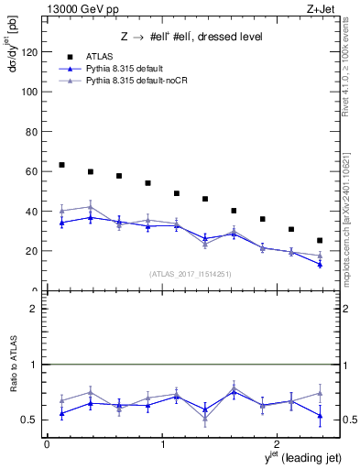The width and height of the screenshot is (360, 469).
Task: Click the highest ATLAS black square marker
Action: pyautogui.click(x=61, y=165)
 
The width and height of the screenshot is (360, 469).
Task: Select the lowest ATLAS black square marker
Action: pyautogui.click(x=319, y=241)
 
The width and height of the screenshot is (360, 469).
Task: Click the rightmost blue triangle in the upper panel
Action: pyautogui.click(x=319, y=265)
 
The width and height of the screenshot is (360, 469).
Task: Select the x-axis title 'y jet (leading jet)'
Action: pyautogui.click(x=291, y=457)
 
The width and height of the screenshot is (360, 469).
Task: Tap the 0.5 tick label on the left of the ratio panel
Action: pyautogui.click(x=32, y=420)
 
